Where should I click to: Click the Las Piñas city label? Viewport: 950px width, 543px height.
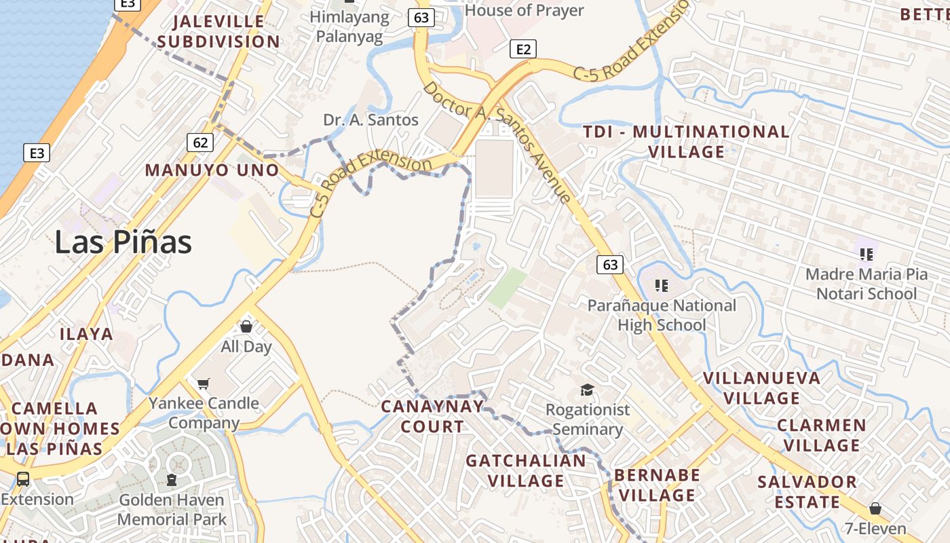tap(123, 242)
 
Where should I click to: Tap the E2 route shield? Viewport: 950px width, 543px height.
tap(522, 49)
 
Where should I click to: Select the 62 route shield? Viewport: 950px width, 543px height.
tap(200, 143)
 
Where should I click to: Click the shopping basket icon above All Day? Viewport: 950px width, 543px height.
tap(246, 326)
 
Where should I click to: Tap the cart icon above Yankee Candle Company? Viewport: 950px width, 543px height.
tap(203, 384)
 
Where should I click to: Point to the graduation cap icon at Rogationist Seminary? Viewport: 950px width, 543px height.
tap(587, 390)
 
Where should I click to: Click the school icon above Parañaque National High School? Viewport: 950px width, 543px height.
tap(661, 285)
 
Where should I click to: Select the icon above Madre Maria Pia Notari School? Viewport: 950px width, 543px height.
tap(866, 255)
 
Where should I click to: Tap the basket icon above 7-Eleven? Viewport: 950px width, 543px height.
tap(875, 508)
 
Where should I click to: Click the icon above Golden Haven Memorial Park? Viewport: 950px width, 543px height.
tap(172, 480)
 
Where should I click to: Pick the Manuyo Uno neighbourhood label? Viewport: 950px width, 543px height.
tap(212, 170)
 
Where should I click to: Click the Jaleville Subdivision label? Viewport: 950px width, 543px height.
tap(218, 31)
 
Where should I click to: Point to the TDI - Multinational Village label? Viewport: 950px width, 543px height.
tap(687, 141)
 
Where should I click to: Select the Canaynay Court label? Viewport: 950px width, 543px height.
tap(432, 416)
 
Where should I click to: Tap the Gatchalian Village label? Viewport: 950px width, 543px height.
tap(526, 470)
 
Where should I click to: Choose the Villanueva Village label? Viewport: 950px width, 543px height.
tap(762, 388)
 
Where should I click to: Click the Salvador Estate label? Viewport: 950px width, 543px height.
tap(807, 492)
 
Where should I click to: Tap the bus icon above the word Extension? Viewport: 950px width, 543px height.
tap(23, 479)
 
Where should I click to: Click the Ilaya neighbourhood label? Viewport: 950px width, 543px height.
tap(86, 334)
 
